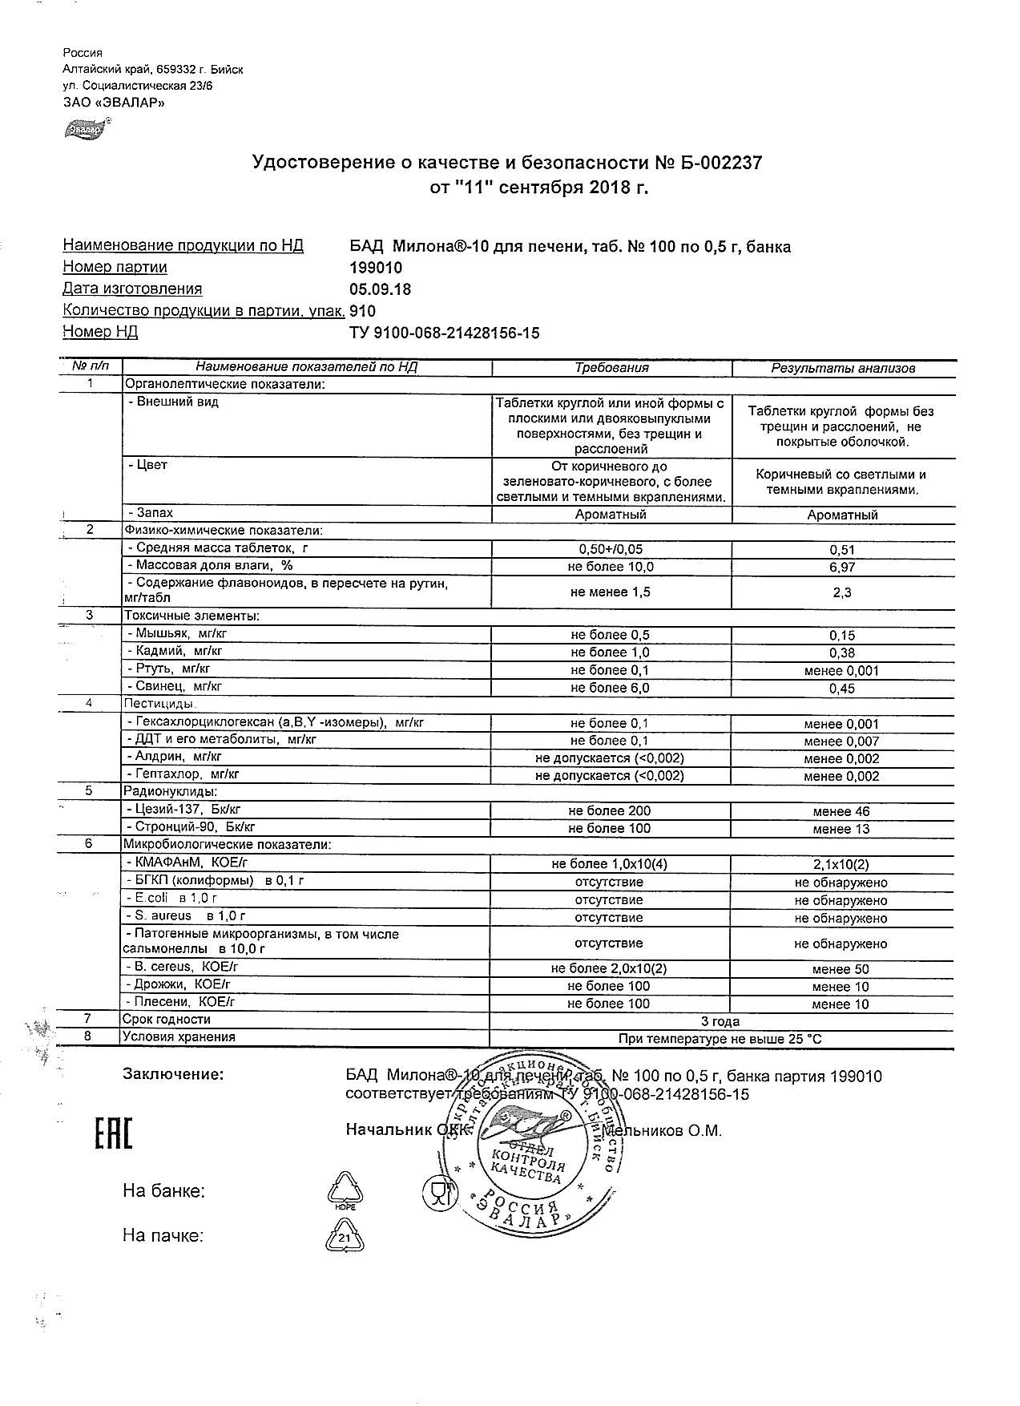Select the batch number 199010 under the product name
(377, 268)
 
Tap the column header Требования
(611, 368)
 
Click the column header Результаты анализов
(842, 369)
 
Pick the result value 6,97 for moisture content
(842, 568)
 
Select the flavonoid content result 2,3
(842, 592)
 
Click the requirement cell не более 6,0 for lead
(610, 688)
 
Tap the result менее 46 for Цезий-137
(841, 812)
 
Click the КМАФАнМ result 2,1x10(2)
(841, 865)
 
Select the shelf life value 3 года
(720, 1021)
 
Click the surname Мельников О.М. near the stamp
(663, 1131)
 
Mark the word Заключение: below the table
(173, 1074)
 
